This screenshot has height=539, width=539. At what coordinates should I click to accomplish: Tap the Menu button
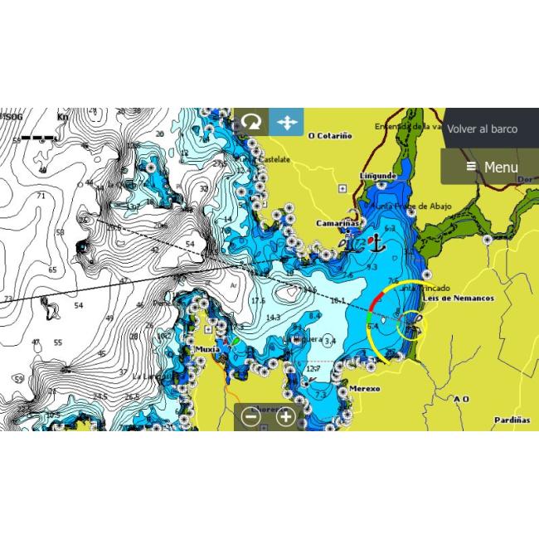[x=492, y=167]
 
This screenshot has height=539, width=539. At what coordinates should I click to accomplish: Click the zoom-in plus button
[x=285, y=417]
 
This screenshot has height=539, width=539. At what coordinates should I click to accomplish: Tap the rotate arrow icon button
[x=250, y=123]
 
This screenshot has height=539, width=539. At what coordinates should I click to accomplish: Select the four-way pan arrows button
[x=286, y=123]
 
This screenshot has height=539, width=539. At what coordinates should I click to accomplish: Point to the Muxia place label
[x=206, y=349]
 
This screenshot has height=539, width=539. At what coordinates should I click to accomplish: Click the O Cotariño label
[x=330, y=135]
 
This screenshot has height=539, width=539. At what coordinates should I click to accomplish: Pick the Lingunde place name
[x=377, y=176]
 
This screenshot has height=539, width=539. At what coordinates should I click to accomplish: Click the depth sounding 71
[x=41, y=196]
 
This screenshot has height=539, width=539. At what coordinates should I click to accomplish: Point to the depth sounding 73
[x=7, y=299]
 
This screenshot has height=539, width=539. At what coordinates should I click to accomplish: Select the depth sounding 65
[x=52, y=270]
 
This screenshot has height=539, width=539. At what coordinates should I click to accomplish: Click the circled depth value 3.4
[x=331, y=341]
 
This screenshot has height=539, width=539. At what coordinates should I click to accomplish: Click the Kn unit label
[x=62, y=118]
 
